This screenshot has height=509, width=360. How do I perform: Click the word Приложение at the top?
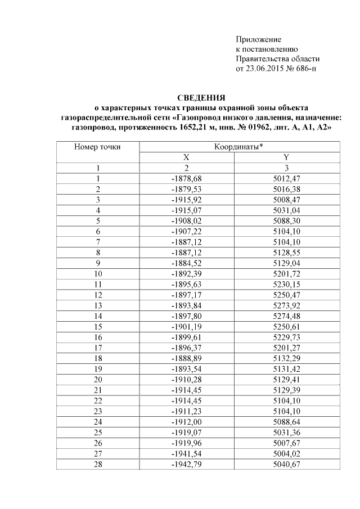tap(258, 39)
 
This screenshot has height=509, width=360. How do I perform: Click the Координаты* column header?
tap(239, 147)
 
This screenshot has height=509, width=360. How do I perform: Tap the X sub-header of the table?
tap(186, 157)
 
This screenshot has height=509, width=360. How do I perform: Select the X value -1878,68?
tap(186, 178)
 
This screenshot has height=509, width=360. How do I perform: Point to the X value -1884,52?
tap(186, 263)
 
